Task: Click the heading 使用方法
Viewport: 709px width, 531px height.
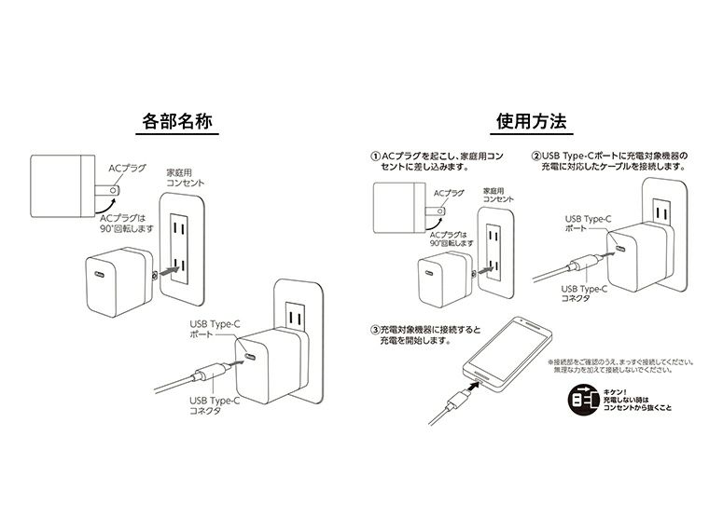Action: click(x=532, y=122)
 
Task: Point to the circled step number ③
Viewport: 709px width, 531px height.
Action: click(x=375, y=329)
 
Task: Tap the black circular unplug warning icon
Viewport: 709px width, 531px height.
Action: click(x=583, y=399)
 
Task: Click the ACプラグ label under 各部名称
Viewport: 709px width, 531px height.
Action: click(x=128, y=168)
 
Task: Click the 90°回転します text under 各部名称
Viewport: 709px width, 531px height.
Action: click(x=126, y=227)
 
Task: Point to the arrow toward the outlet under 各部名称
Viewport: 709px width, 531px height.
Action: click(x=166, y=272)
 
